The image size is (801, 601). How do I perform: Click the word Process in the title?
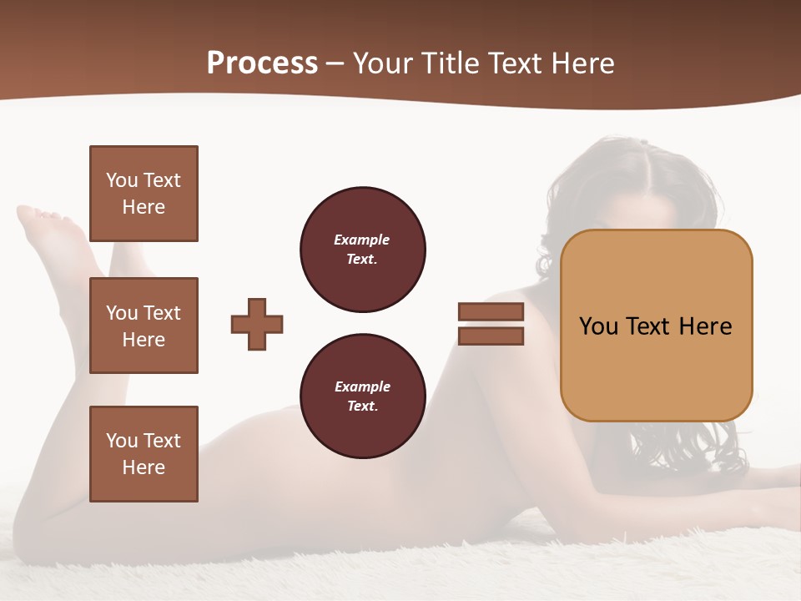coord(262,63)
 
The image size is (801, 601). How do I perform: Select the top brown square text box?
coord(144,194)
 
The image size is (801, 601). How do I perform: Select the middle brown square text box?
coord(144,326)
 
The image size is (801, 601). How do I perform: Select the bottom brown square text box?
coord(144,454)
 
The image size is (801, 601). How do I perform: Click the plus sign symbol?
coord(257,324)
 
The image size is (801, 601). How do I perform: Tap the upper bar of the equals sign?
coord(491,312)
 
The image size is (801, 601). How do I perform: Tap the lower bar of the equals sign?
coord(491,336)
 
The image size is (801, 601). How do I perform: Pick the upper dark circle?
coord(363,250)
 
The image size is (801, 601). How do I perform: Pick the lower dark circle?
coord(363,396)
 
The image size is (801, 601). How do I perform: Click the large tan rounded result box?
coord(656,326)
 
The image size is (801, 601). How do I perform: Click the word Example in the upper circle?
coord(362,240)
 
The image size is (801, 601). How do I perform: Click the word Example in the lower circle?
coord(362,386)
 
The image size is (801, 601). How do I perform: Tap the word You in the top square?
coord(121,180)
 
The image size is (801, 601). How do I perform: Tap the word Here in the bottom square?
coord(144,467)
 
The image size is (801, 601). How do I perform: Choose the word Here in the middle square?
coord(144,340)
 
